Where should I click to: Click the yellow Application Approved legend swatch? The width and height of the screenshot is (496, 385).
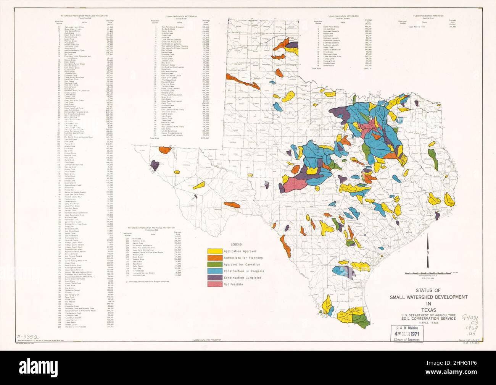(x=215, y=251)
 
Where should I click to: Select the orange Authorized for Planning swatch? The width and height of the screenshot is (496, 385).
(x=215, y=257)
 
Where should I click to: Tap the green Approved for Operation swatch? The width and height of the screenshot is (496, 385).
(x=215, y=264)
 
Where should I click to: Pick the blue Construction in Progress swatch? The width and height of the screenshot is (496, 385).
(x=215, y=271)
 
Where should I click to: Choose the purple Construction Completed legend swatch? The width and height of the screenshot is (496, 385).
(x=215, y=278)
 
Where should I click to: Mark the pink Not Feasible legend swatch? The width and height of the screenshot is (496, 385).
(x=215, y=284)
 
